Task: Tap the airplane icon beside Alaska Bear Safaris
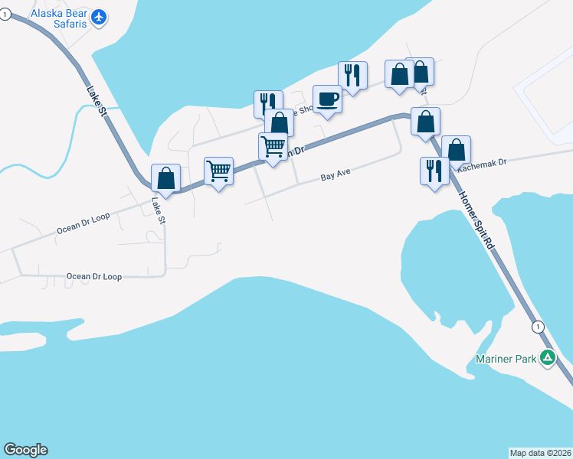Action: [x=99, y=16]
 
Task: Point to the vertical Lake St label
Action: [x=159, y=210]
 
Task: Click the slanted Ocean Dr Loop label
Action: [x=83, y=223]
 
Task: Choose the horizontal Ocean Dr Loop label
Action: [x=94, y=276]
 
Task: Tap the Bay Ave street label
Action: [x=335, y=174]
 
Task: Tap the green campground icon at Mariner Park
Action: [x=547, y=356]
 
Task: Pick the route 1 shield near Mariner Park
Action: [x=538, y=327]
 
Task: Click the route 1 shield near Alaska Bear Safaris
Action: [x=5, y=15]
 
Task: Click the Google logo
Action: [x=25, y=450]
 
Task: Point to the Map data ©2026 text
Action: [x=540, y=452]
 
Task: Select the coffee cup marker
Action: [x=328, y=99]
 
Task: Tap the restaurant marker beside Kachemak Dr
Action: [x=434, y=171]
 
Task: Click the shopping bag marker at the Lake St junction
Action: [x=166, y=178]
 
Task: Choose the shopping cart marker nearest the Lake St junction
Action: [x=218, y=171]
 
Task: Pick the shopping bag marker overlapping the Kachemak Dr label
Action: [x=456, y=150]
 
